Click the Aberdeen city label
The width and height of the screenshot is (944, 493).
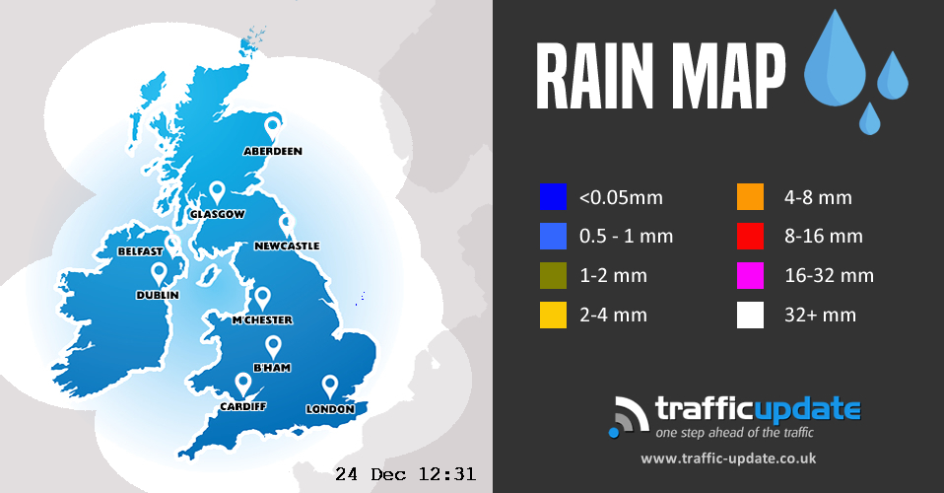click(273, 151)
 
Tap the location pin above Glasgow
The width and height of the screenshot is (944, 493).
click(218, 191)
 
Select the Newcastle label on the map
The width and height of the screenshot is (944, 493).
click(287, 246)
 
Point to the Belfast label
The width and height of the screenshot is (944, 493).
click(140, 251)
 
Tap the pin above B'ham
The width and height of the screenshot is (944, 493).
click(274, 345)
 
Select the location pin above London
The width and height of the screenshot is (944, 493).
click(330, 386)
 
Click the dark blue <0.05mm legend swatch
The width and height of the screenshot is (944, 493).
click(553, 197)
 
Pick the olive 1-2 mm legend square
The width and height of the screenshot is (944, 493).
click(553, 276)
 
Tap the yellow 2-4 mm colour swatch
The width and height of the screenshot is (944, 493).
click(553, 316)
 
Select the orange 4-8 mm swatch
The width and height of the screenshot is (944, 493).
click(750, 197)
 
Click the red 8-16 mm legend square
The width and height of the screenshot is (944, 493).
click(750, 237)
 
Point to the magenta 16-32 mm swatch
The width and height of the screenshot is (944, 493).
click(750, 276)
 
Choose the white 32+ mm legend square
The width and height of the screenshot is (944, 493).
click(750, 316)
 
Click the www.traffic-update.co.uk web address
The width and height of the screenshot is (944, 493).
click(728, 458)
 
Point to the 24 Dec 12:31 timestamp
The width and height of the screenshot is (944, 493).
click(405, 474)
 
